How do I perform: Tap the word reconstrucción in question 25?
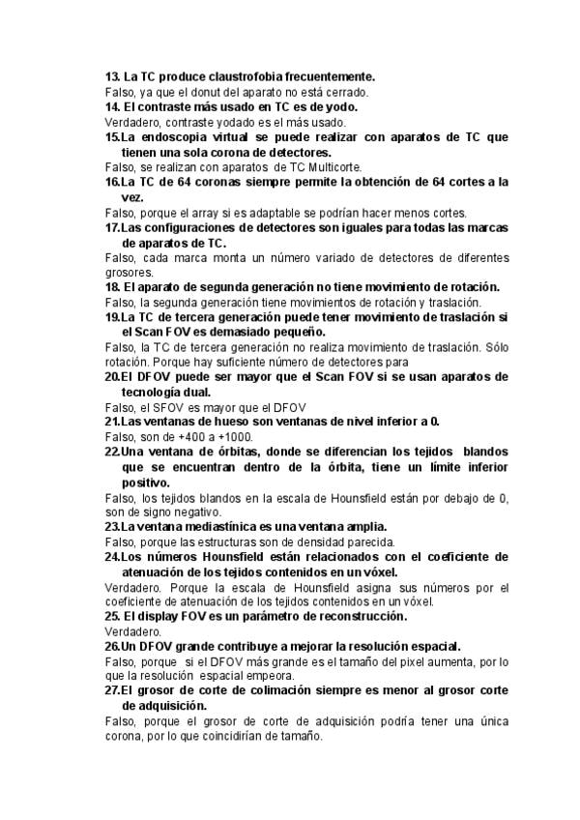360,617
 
